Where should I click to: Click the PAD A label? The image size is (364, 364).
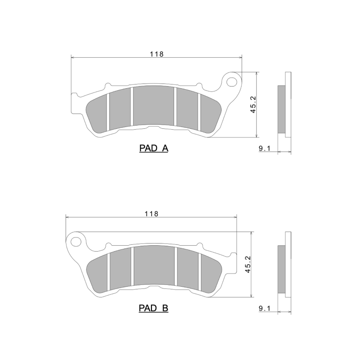coord(153,148)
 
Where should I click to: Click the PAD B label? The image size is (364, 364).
coord(153,308)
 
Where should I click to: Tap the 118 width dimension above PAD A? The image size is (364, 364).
coord(157,54)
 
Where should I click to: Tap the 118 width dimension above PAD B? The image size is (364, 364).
coord(151,213)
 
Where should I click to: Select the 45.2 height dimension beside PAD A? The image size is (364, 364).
coord(253,105)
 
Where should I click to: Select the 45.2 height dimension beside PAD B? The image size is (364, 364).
coord(248,264)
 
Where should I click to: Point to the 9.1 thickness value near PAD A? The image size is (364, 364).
coord(265,148)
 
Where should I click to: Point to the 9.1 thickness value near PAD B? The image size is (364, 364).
coord(265,308)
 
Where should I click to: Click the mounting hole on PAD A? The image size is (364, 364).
coord(233,82)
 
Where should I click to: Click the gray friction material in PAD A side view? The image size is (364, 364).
coord(282,110)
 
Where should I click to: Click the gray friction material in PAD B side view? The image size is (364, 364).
coord(282,270)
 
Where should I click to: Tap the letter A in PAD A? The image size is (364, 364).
coord(165,148)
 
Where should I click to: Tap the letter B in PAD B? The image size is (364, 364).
coord(165,308)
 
